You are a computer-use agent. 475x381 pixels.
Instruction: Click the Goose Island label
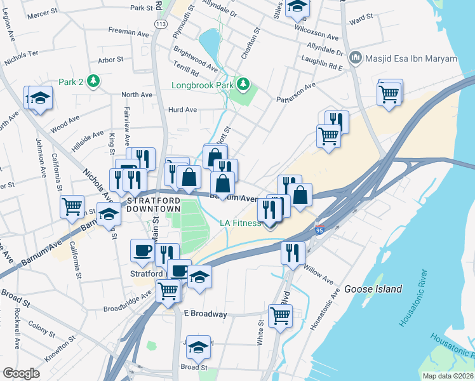click(373, 289)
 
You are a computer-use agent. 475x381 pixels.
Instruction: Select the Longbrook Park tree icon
click(243, 83)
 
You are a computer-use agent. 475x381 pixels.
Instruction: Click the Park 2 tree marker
click(93, 81)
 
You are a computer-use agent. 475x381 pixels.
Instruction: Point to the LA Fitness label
click(240, 223)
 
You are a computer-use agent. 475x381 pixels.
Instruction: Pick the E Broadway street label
click(204, 314)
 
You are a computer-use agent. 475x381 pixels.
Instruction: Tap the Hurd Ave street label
click(182, 109)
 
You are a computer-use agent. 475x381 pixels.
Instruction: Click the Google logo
click(21, 373)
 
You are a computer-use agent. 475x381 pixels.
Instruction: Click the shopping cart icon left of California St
click(72, 205)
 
